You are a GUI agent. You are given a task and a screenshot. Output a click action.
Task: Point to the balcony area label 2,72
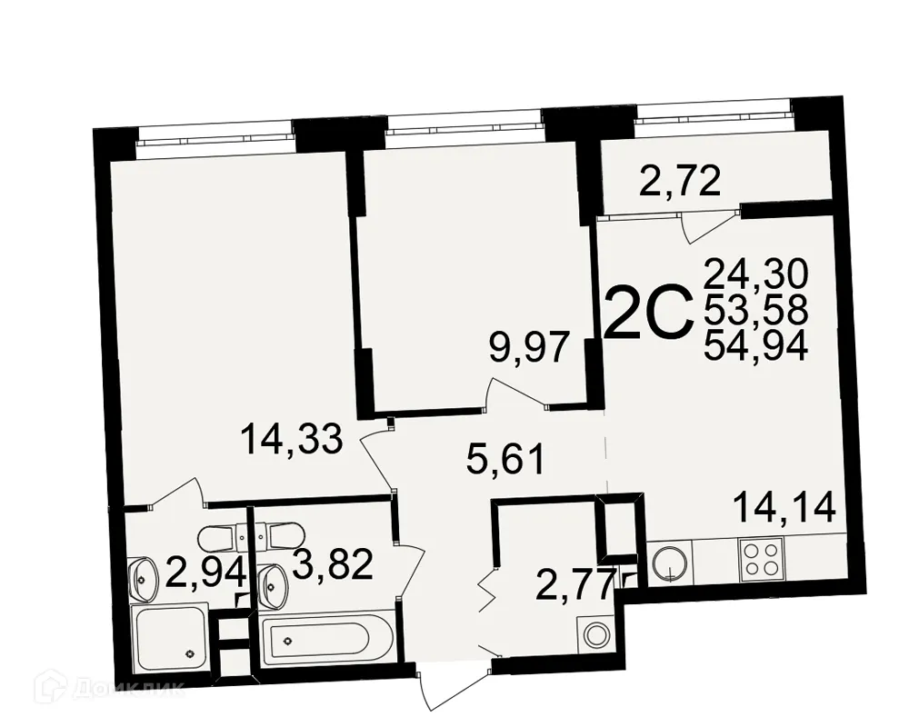coord(680,183)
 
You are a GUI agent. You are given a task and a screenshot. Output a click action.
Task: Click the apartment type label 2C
coord(648,312)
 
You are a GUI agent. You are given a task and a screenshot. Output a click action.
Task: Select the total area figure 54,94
coord(756,346)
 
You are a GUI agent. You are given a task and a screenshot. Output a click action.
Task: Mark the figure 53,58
coord(756,310)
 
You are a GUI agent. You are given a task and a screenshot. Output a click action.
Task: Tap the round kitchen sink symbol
coord(669,560)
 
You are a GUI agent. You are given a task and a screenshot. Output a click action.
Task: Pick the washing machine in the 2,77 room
coord(597,633)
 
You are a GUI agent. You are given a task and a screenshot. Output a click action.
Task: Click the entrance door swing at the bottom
coord(445,691)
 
